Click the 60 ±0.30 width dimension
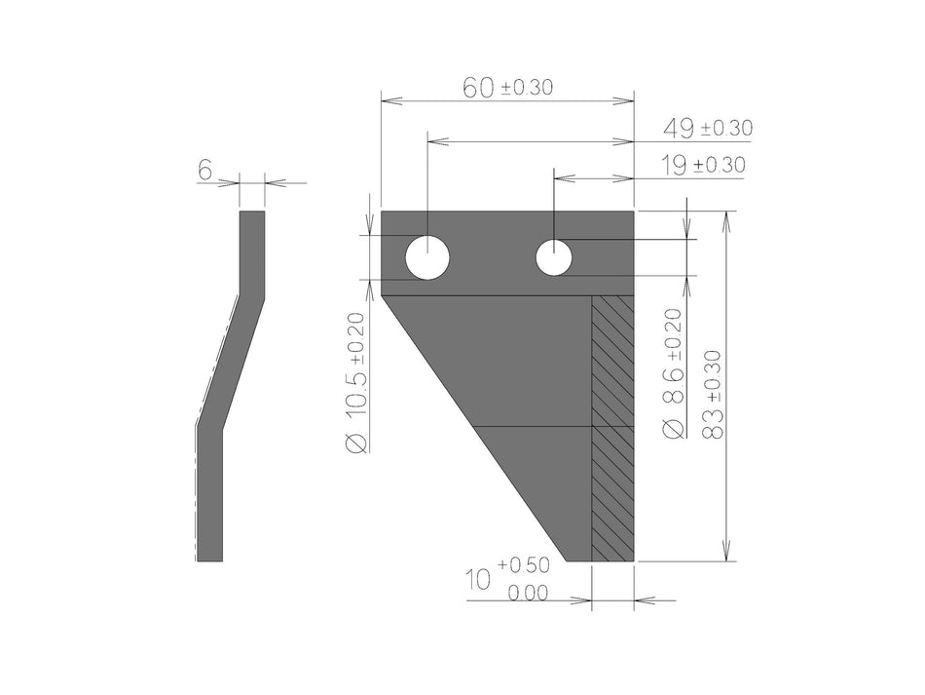click(506, 88)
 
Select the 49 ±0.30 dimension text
click(707, 128)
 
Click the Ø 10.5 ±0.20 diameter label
click(356, 381)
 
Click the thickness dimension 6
click(205, 171)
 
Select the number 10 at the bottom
click(478, 581)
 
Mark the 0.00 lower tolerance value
click(529, 593)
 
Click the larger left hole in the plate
click(427, 258)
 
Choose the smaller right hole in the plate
click(553, 258)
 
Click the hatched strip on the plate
click(613, 429)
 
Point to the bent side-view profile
click(231, 390)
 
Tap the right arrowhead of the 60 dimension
click(627, 99)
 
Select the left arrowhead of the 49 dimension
click(434, 142)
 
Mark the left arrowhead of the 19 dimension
click(561, 178)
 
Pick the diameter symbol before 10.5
click(356, 443)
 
